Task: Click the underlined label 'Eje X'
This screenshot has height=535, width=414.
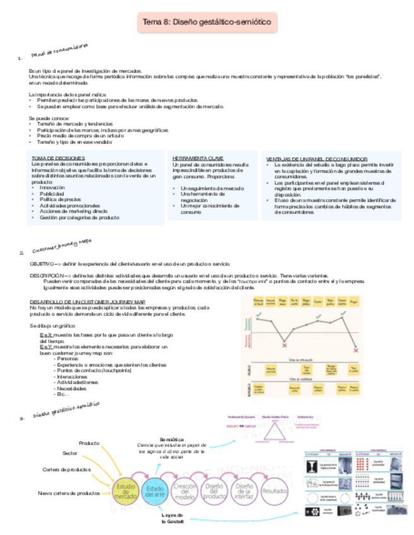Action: click(46, 335)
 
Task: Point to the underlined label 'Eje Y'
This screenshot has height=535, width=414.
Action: click(46, 347)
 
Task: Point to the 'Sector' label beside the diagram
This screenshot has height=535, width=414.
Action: click(70, 453)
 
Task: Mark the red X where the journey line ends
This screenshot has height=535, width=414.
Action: click(357, 350)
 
